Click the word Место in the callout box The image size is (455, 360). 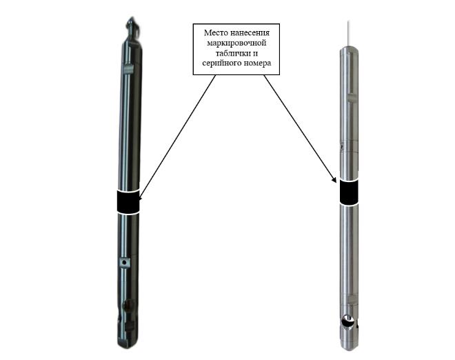pos(215,33)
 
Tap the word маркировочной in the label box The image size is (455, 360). pos(236,43)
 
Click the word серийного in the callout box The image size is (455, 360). pos(221,63)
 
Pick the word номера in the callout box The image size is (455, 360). pos(257,63)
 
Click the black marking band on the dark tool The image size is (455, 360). pos(128,202)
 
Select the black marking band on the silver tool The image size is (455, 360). pos(349,192)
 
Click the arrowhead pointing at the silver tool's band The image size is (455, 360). pos(334,180)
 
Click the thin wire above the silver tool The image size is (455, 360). pos(349,33)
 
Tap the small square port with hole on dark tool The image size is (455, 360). pos(124,263)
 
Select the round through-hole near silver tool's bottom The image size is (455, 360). pos(347,321)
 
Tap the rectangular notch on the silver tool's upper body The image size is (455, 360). pos(352,97)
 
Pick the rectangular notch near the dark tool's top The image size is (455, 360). pos(128,68)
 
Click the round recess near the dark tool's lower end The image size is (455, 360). pos(128,305)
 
